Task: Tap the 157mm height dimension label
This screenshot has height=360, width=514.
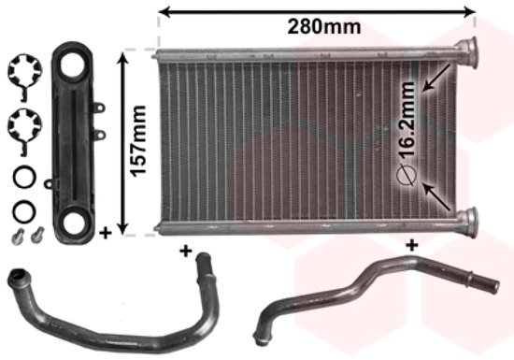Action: pos(137,141)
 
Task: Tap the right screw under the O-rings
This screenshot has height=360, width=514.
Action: pos(37,231)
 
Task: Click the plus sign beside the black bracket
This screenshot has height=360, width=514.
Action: pos(106,230)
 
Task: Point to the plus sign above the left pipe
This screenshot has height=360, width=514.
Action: pos(185,251)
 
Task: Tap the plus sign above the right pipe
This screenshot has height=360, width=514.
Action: pos(410,246)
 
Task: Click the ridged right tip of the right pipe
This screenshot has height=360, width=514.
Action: pos(494,277)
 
